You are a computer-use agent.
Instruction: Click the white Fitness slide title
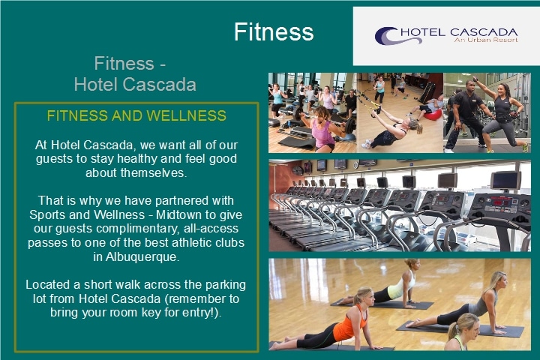[274, 31]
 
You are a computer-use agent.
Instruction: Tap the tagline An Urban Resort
[486, 40]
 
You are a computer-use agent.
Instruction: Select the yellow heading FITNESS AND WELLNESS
[136, 115]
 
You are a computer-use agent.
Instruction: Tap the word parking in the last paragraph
[225, 285]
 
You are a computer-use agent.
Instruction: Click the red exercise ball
[433, 114]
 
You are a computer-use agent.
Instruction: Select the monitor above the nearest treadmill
[505, 180]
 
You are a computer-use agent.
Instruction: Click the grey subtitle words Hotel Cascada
[135, 85]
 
